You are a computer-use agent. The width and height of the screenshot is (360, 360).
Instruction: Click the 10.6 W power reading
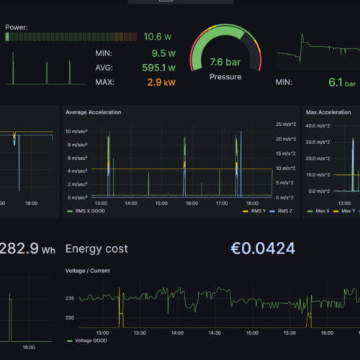click(x=157, y=36)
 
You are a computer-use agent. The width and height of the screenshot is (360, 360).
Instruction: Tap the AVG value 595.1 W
click(x=159, y=68)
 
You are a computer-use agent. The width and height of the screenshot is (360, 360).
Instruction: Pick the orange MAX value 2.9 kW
click(x=162, y=82)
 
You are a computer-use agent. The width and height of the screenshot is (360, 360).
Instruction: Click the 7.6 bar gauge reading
click(x=225, y=63)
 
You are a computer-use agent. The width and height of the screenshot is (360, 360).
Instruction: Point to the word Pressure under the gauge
click(x=225, y=76)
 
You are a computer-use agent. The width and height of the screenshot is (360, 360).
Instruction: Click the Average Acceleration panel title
click(x=93, y=112)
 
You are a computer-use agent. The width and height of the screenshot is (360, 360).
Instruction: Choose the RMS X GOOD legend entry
click(x=93, y=212)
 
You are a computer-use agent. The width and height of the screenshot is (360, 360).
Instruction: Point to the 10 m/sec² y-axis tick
click(x=76, y=132)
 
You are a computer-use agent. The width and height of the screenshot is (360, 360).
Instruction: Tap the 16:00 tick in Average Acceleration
click(x=192, y=203)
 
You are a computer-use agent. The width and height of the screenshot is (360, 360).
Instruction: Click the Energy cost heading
click(x=96, y=248)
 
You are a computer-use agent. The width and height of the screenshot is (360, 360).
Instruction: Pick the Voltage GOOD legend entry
click(x=93, y=341)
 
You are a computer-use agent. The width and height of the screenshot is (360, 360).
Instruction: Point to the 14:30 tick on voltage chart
click(x=215, y=333)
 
